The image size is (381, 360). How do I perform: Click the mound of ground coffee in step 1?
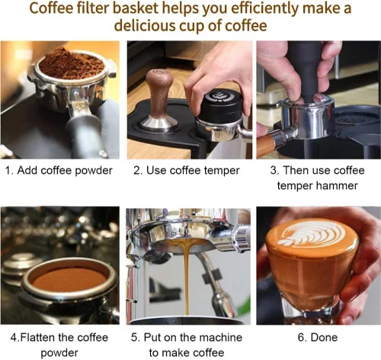coord(72,63)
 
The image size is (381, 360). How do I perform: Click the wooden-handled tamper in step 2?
coord(158,101)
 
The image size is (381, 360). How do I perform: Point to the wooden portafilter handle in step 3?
coord(266,143)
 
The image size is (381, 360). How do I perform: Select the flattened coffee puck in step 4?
coord(69,279)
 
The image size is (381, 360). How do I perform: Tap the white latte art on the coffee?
coord(312,234)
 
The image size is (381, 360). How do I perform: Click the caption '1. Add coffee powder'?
coord(59,170)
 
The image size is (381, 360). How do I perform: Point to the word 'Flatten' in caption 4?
coord(38,338)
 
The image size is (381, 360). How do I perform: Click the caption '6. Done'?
coord(318,338)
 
